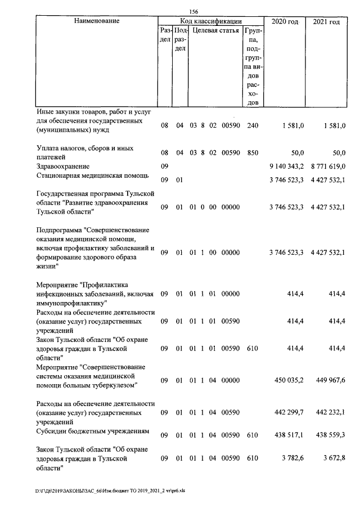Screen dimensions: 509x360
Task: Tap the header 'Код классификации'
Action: [210, 21]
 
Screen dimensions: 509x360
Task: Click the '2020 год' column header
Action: [285, 21]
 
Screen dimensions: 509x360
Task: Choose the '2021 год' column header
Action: [326, 21]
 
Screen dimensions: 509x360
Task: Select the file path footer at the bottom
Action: [110, 490]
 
